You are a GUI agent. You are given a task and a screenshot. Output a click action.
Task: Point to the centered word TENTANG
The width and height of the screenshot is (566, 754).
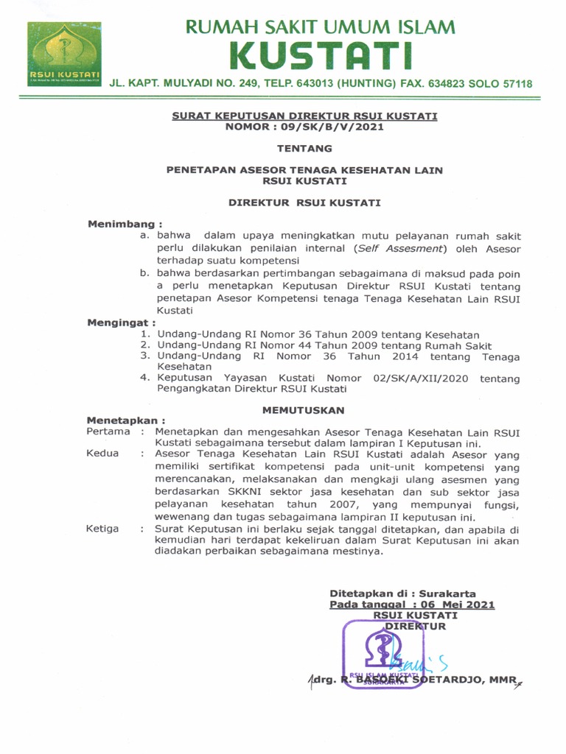pyautogui.click(x=304, y=147)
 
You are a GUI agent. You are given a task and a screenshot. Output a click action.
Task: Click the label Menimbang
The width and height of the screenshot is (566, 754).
pyautogui.click(x=123, y=223)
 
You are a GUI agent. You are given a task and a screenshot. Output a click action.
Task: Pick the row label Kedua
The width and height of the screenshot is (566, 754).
pyautogui.click(x=102, y=454)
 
